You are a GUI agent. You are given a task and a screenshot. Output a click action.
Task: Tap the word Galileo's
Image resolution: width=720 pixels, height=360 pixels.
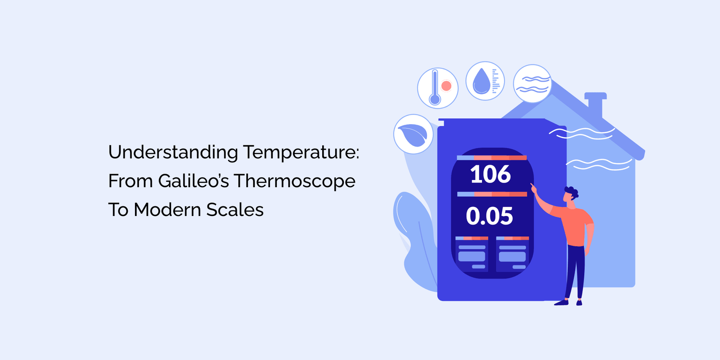[193, 181]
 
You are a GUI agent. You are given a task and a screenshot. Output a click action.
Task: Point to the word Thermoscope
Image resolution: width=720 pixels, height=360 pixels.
[294, 181]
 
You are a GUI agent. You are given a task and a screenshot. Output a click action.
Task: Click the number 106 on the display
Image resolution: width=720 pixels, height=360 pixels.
[490, 175]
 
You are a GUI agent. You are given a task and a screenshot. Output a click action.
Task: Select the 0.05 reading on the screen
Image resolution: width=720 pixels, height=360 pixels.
[489, 216]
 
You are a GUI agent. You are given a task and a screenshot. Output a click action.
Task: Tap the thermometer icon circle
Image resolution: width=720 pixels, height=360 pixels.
[437, 88]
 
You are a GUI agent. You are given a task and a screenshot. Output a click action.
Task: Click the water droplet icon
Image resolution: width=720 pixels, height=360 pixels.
[481, 81]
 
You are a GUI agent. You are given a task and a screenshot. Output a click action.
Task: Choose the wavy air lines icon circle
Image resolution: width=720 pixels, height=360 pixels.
[532, 84]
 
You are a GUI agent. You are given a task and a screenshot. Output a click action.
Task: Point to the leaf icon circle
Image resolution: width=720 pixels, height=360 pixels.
[413, 134]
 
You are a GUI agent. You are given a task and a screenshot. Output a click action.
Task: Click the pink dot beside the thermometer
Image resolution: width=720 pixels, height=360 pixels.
[446, 86]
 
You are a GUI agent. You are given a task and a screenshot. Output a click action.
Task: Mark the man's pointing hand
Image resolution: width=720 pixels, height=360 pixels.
[534, 188]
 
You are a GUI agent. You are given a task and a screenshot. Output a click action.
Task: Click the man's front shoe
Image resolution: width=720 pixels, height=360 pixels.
[561, 303]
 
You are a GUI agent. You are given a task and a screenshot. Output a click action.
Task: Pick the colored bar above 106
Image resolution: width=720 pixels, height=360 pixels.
[491, 157]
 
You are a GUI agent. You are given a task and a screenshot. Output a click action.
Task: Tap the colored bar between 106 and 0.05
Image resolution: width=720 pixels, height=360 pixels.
[492, 194]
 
